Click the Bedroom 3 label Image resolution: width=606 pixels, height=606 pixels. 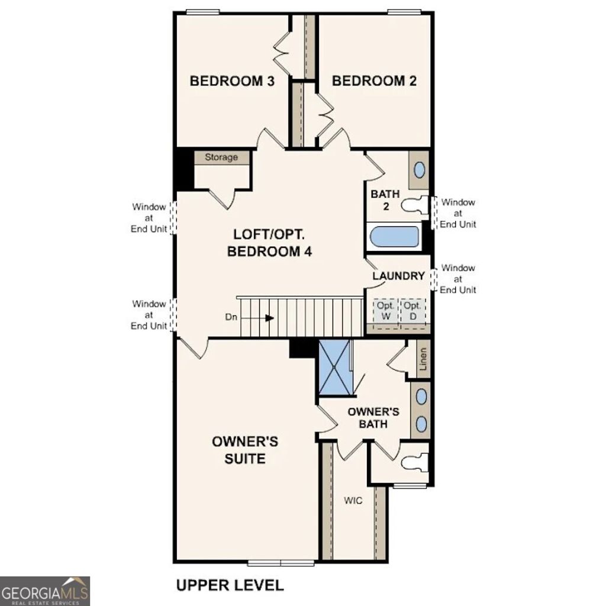click(231, 81)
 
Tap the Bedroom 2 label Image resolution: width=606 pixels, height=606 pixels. click(374, 81)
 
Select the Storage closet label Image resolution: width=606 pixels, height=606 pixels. click(221, 157)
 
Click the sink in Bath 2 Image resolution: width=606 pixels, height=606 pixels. click(418, 170)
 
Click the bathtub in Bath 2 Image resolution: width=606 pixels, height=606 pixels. click(395, 238)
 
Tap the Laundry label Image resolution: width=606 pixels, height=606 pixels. click(398, 276)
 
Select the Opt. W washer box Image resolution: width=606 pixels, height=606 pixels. click(385, 311)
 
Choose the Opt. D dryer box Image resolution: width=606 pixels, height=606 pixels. click(412, 311)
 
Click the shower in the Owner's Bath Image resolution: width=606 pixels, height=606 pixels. click(334, 368)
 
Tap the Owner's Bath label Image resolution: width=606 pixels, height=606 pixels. click(373, 417)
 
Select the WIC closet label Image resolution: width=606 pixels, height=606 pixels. click(353, 500)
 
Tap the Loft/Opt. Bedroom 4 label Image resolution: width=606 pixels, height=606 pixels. click(270, 243)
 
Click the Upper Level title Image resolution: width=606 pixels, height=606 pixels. click(230, 586)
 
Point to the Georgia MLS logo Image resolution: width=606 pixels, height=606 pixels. click(45, 591)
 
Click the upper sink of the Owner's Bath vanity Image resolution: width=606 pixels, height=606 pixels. click(421, 397)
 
